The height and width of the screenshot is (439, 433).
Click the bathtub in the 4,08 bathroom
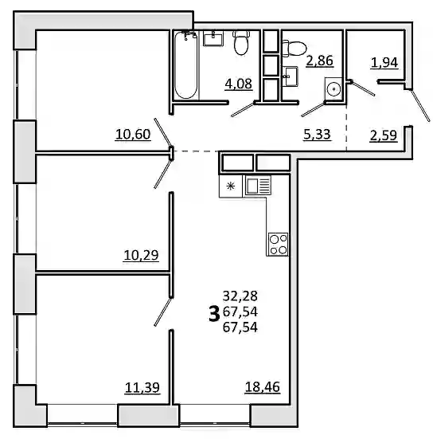186,65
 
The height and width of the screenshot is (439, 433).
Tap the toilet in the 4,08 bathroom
241,42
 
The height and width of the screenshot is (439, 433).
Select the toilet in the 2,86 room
295,49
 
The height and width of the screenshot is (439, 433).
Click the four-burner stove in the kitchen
278,244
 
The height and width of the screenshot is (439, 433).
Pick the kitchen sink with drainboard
258,185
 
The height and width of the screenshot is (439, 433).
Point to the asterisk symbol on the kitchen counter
231,186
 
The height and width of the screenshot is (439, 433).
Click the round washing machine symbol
334,89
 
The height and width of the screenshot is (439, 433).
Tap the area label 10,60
133,135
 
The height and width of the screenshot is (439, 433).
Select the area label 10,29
141,255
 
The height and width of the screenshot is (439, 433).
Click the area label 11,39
142,388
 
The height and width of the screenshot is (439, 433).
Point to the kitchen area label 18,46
263,387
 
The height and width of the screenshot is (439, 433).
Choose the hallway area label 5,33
318,135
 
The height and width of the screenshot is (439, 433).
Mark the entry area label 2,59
384,135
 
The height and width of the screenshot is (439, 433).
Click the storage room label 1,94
384,63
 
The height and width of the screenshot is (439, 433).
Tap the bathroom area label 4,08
239,84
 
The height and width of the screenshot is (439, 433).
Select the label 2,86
320,61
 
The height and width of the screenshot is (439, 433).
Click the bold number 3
214,314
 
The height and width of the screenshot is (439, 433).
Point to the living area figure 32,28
240,296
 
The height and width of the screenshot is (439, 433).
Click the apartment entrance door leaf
420,105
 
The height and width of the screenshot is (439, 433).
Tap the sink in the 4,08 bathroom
213,38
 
